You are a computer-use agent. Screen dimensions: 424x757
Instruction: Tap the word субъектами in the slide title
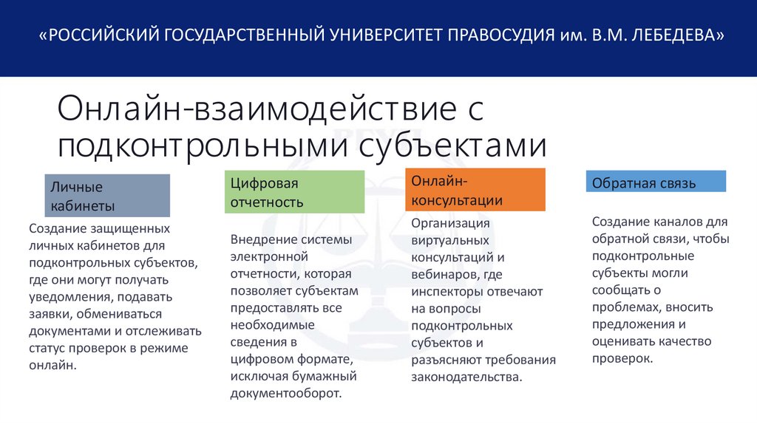(452, 144)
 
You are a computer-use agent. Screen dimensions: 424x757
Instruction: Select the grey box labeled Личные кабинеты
(108, 196)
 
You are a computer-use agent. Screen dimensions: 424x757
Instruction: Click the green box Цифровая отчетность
(294, 192)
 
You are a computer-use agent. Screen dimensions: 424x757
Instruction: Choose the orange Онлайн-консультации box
(475, 190)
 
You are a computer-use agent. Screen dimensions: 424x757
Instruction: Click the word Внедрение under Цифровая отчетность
(262, 239)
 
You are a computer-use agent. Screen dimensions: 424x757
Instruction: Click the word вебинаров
(442, 274)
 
